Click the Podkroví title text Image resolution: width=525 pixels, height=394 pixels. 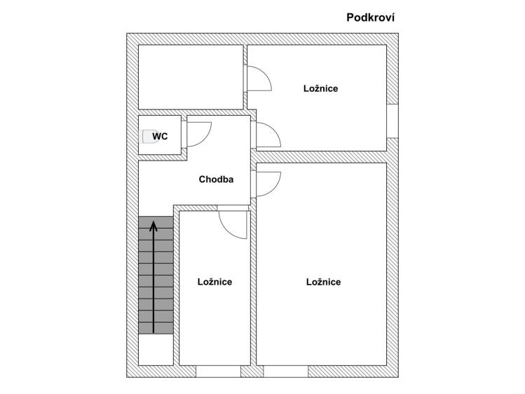370,18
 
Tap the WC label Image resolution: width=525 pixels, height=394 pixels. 160,137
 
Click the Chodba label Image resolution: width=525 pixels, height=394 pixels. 216,179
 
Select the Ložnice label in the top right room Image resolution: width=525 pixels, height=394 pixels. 320,88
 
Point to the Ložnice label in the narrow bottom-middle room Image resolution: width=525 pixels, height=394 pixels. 214,282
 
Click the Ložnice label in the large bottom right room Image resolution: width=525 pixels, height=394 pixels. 323,282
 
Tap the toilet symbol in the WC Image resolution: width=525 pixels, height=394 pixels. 150,137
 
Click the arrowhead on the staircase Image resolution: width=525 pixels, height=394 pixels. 154,226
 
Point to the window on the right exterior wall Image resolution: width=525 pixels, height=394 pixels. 393,121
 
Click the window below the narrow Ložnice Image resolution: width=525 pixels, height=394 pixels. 218,372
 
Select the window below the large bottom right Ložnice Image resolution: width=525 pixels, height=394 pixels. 285,372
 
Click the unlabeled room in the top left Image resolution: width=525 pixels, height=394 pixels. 191,77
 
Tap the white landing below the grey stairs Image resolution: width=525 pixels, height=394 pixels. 156,349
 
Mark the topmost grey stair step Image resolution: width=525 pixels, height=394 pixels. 156,222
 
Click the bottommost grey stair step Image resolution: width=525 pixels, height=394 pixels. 156,328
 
